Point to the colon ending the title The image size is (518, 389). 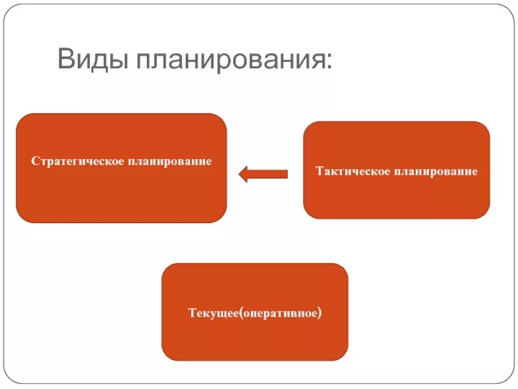(x=330, y=64)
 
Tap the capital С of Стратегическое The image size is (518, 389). (x=34, y=160)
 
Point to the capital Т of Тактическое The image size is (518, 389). (x=319, y=171)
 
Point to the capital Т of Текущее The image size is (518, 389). (x=192, y=314)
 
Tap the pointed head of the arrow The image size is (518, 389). (x=243, y=174)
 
